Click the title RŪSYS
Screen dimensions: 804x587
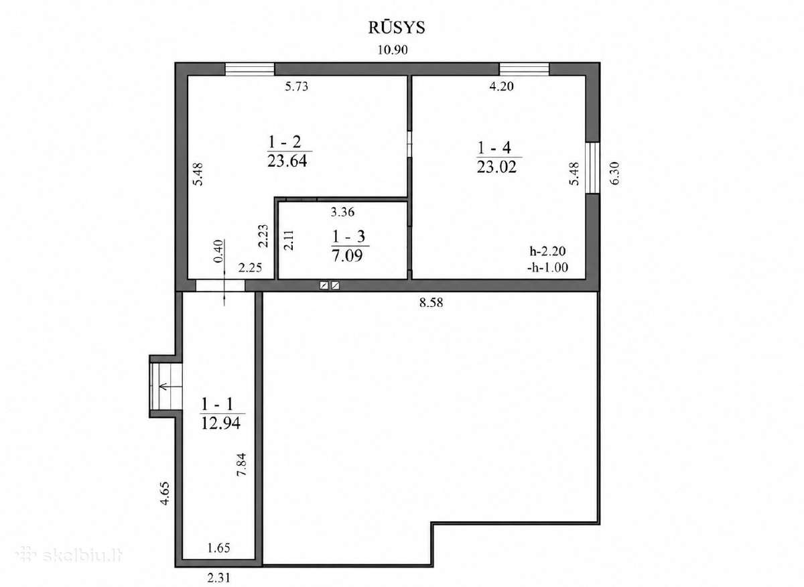[397, 27]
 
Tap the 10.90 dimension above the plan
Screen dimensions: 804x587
[393, 50]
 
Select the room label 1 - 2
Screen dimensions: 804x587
[284, 142]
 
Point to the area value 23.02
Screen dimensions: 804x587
[496, 167]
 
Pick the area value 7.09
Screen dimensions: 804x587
[347, 255]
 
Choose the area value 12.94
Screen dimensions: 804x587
[220, 423]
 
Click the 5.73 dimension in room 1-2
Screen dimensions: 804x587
[296, 86]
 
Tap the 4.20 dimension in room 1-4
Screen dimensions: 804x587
[501, 86]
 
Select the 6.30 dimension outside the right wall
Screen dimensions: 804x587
[615, 174]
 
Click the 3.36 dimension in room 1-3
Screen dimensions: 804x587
[342, 212]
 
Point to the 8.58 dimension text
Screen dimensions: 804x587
[431, 303]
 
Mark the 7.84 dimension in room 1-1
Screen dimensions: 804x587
[242, 464]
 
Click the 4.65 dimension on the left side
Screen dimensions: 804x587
[164, 494]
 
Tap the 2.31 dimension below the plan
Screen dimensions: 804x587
[218, 578]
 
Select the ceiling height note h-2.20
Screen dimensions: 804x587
[548, 251]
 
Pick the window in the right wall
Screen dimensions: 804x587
[592, 168]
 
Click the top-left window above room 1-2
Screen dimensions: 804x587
[249, 69]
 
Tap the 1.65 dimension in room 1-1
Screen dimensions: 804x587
[218, 548]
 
